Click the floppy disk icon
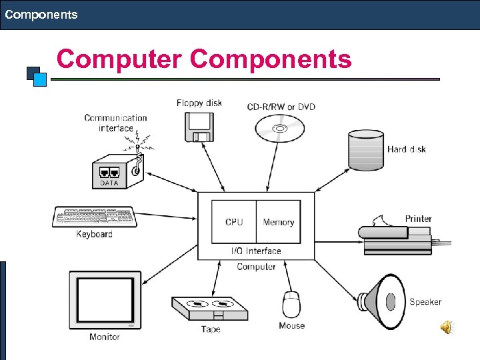199,127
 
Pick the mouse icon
291,305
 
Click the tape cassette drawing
210,309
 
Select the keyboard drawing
94,217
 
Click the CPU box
234,222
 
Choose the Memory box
279,222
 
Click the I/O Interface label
256,251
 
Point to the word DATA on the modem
109,182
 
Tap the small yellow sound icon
446,327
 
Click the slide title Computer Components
204,59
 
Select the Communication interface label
115,123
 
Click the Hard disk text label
406,149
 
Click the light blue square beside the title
39,80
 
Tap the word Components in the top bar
41,14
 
